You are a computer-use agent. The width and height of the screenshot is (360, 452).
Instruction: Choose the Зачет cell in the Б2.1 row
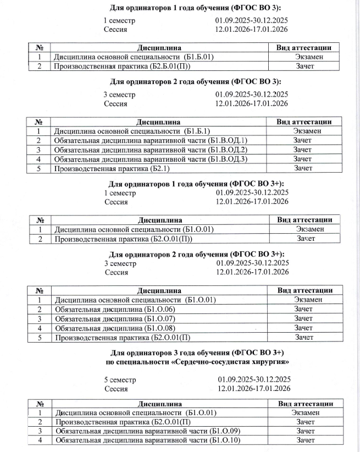(x=303, y=168)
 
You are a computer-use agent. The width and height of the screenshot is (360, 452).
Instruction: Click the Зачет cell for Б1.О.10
(x=305, y=440)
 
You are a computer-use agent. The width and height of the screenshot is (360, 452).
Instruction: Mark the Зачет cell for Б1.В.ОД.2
(x=303, y=150)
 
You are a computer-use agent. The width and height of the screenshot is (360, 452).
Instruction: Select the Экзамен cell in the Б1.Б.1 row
(x=303, y=131)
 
